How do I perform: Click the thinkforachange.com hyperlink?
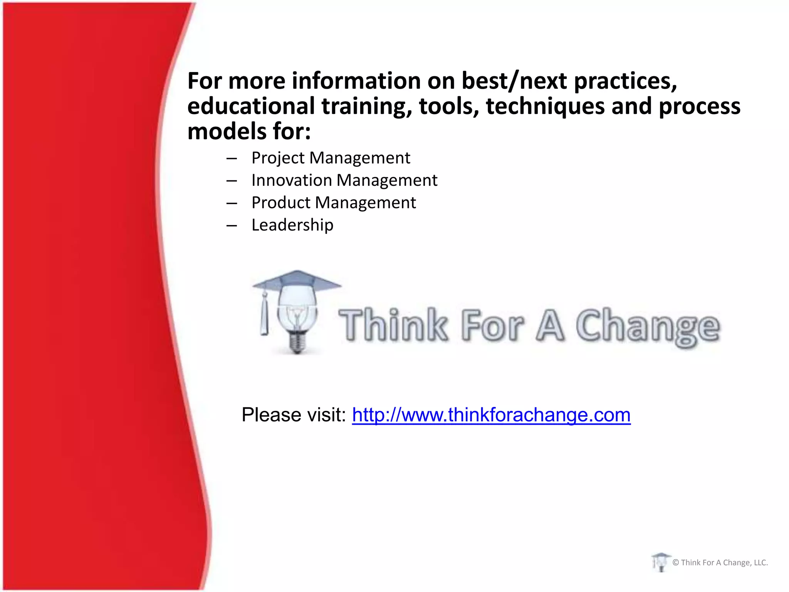pyautogui.click(x=491, y=415)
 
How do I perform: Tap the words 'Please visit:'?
pyautogui.click(x=294, y=415)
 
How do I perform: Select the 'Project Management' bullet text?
pyautogui.click(x=331, y=158)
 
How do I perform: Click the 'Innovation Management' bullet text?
pyautogui.click(x=344, y=180)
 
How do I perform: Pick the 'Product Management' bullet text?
pyautogui.click(x=333, y=203)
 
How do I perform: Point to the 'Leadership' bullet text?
pyautogui.click(x=292, y=225)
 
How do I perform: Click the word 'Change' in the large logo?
pyautogui.click(x=647, y=326)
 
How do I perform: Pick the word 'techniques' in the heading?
pyautogui.click(x=545, y=106)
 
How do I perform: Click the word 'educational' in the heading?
pyautogui.click(x=251, y=106)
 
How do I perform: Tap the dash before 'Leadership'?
pyautogui.click(x=232, y=225)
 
